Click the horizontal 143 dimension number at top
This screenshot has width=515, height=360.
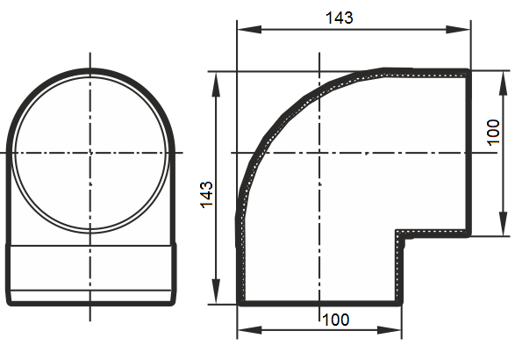(340, 18)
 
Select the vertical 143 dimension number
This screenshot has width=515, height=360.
(206, 194)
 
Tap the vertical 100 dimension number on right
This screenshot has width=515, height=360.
(493, 132)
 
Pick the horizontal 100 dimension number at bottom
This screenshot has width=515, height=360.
(336, 320)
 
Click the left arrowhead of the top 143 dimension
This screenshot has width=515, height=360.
(249, 30)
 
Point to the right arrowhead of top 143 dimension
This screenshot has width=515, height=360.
(458, 30)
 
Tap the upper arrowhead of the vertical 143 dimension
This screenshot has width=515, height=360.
(216, 84)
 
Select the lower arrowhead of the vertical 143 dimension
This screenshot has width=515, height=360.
(216, 292)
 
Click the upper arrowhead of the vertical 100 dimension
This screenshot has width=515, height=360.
(503, 83)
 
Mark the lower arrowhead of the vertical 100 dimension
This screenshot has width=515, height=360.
(503, 224)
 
